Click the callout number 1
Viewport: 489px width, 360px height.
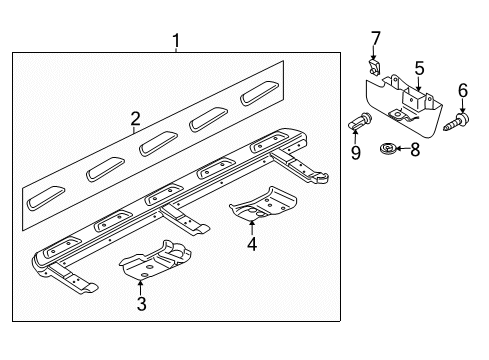(176, 41)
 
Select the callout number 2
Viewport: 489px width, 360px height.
(135, 119)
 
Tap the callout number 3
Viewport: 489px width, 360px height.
(141, 304)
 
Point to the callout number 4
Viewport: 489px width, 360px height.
(252, 244)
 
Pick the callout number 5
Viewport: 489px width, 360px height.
(419, 68)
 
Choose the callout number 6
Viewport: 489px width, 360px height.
(463, 90)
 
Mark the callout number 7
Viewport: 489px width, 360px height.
(376, 39)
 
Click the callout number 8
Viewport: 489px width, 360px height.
(415, 149)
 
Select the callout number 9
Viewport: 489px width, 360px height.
(356, 153)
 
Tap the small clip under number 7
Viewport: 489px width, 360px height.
(374, 67)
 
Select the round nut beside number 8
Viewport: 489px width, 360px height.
(388, 148)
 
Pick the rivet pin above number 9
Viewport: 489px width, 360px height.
(360, 122)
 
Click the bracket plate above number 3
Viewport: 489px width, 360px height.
(155, 259)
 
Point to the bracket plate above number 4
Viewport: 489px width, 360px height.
(263, 204)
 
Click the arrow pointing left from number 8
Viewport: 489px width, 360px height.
(403, 149)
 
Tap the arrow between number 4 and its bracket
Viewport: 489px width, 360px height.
(252, 228)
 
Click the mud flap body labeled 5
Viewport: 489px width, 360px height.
(404, 107)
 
